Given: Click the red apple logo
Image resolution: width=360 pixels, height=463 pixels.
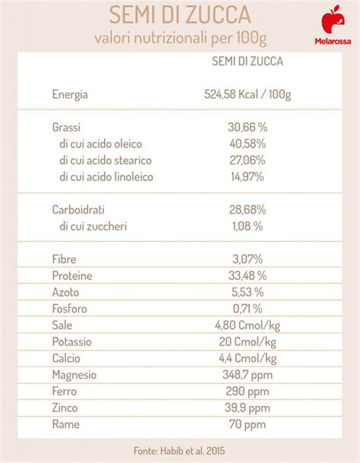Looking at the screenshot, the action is tap(331, 18).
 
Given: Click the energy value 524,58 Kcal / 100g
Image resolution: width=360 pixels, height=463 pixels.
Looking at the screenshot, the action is tap(248, 95).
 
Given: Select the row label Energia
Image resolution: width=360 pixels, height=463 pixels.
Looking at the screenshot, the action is tap(70, 95).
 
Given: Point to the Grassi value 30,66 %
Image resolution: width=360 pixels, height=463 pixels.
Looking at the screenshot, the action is tap(247, 127).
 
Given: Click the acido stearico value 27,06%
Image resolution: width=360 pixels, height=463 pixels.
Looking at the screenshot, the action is tap(247, 160).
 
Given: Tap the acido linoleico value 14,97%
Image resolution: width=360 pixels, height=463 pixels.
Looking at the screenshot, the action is tap(247, 177).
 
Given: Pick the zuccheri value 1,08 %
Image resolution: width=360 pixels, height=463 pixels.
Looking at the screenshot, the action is tap(247, 226).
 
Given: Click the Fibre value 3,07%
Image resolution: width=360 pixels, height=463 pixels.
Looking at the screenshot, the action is tap(247, 258).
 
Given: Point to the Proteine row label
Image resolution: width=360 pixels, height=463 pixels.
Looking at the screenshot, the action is tap(73, 275).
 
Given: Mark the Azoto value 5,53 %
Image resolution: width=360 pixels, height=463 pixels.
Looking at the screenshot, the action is tap(247, 292).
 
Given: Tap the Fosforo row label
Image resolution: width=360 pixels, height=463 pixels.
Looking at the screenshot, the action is tap(70, 309).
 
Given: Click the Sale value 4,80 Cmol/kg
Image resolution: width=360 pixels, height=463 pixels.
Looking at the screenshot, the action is tap(247, 325).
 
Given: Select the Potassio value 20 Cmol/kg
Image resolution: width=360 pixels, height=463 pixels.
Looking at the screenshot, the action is tap(247, 342).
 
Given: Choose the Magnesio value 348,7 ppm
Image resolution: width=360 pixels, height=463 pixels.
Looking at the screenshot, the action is tap(247, 375).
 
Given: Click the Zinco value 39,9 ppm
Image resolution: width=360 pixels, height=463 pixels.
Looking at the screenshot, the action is tap(247, 408).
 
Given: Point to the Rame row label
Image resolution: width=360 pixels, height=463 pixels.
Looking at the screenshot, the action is tap(65, 425).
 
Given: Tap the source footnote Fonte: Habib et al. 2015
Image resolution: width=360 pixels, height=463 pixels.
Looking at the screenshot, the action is tap(180, 449).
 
